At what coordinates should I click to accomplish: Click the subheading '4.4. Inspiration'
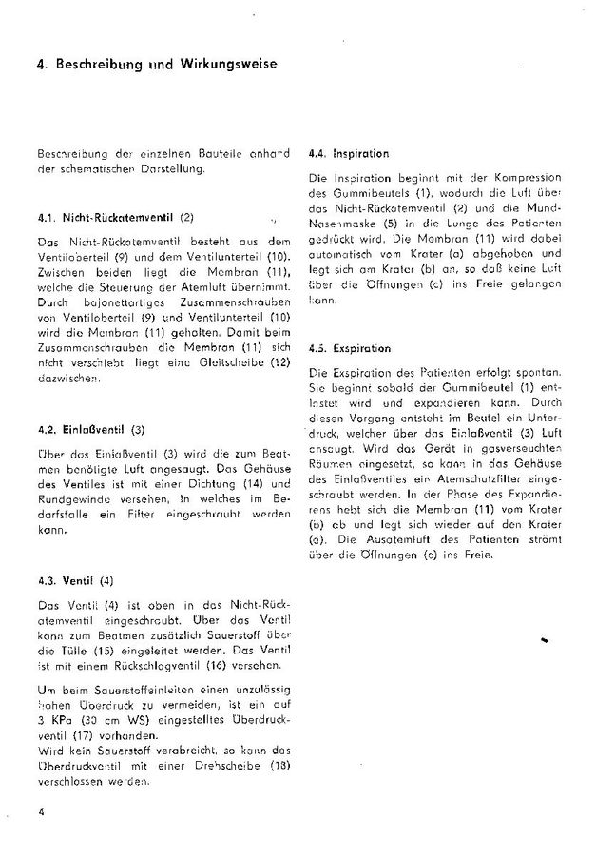pos(349,153)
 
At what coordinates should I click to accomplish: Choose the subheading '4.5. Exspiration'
pos(350,349)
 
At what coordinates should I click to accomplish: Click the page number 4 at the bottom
pos(42,810)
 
